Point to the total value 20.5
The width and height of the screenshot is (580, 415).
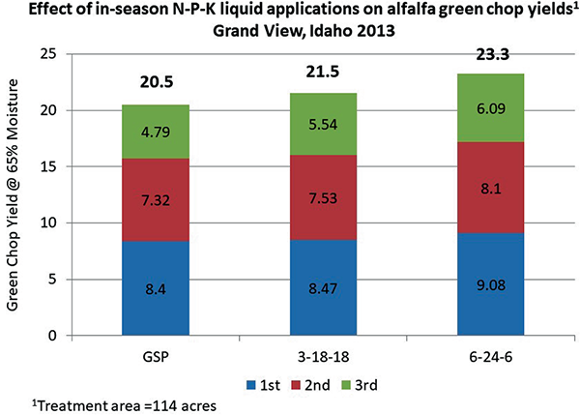[155, 85]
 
